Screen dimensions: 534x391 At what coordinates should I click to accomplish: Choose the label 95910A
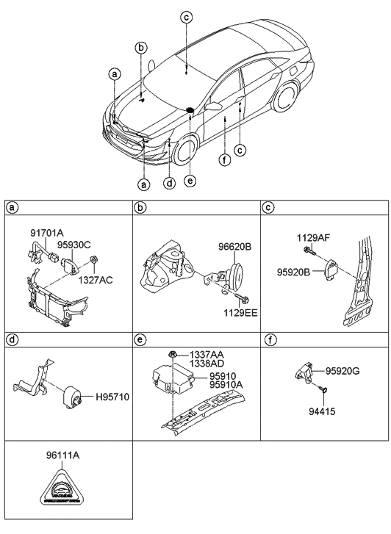[x=224, y=384]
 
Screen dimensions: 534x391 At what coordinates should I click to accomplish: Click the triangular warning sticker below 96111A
[x=65, y=488]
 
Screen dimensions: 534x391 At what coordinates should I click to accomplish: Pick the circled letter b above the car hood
[x=140, y=48]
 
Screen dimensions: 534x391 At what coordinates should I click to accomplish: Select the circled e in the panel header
[x=140, y=339]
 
